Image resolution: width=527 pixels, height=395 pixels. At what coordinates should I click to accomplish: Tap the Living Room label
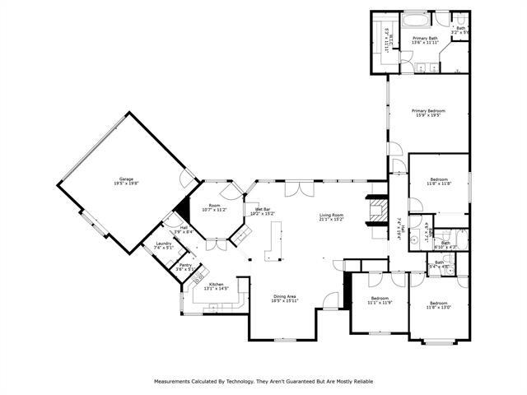click(332, 216)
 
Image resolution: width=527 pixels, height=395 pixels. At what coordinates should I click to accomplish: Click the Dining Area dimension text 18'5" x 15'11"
click(285, 300)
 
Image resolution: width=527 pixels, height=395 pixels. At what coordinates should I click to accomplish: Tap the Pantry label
click(185, 265)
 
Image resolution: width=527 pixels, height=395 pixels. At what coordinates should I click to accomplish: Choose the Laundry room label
click(162, 244)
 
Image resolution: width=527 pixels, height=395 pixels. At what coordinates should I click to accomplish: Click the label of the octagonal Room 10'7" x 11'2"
click(214, 206)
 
